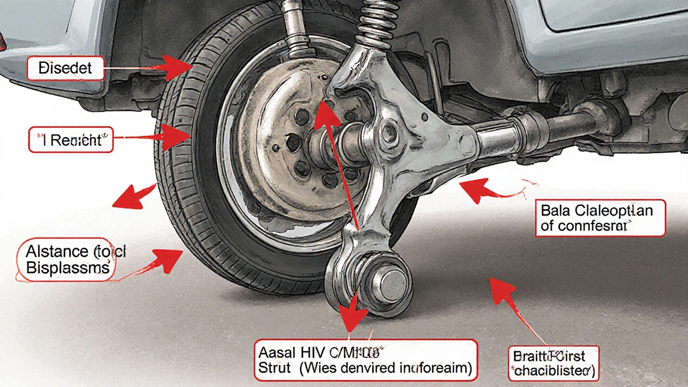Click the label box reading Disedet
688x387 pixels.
pos(65,68)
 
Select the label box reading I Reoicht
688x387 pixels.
pos(70,140)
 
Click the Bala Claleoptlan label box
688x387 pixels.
pos(600,218)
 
